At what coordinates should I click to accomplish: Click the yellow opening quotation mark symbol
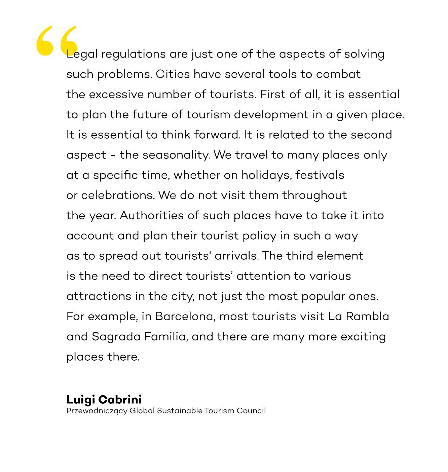click(x=57, y=40)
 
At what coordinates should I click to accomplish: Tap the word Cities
click(x=173, y=74)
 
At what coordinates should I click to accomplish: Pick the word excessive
click(x=116, y=95)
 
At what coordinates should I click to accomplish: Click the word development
click(x=271, y=115)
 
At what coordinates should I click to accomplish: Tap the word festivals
click(x=320, y=175)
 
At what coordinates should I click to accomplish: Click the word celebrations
click(x=118, y=195)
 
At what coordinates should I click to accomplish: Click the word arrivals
click(x=236, y=256)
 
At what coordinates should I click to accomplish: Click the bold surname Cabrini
click(x=120, y=400)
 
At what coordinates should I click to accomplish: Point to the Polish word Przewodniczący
click(x=97, y=411)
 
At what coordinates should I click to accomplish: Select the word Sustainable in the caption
click(x=180, y=411)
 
